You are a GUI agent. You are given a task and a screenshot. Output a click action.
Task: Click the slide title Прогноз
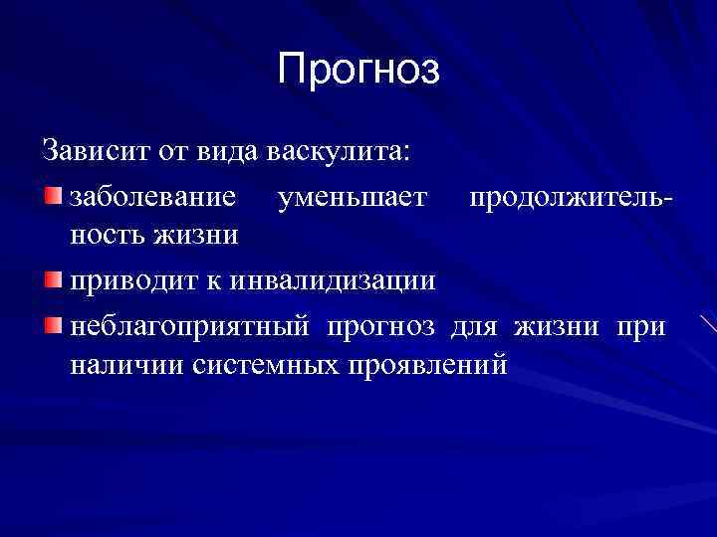click(358, 70)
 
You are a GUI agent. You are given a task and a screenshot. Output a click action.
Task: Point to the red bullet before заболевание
click(52, 192)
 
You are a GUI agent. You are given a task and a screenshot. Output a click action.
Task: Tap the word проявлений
click(427, 365)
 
